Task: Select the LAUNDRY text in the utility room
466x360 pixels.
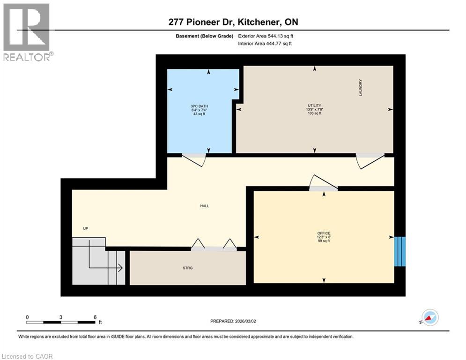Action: [361, 88]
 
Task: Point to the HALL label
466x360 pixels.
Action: [204, 206]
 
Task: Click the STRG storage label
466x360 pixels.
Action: [188, 268]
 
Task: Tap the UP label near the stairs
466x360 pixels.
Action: [86, 229]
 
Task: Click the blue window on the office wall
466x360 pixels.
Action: [399, 251]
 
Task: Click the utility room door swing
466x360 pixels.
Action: [370, 160]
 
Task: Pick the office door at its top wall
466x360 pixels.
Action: [323, 184]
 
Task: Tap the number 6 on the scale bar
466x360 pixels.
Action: [95, 317]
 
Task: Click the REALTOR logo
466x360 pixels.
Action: [27, 32]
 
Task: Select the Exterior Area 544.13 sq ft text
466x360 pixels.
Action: [266, 36]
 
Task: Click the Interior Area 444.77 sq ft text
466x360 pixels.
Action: [265, 44]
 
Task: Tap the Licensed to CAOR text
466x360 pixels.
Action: [28, 356]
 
